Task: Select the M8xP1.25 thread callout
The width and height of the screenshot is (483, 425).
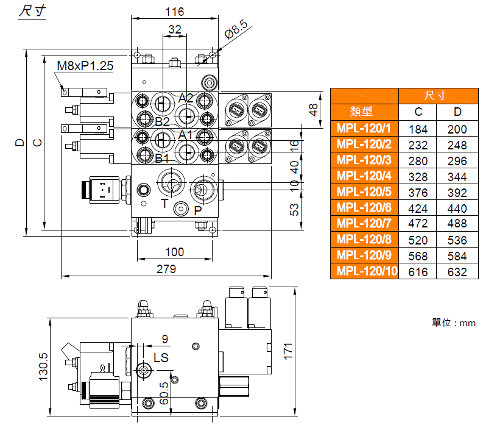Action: pyautogui.click(x=85, y=66)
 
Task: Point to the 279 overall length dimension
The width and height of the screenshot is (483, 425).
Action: pyautogui.click(x=166, y=269)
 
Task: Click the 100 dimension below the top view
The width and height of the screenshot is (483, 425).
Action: pyautogui.click(x=174, y=252)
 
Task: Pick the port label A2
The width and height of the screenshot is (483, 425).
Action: pyautogui.click(x=186, y=98)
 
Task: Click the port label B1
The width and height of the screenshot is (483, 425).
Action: pyautogui.click(x=161, y=159)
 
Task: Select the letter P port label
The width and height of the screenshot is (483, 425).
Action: pyautogui.click(x=197, y=211)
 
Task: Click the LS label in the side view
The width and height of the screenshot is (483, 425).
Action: pyautogui.click(x=161, y=357)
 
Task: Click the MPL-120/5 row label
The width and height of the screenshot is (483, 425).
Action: pyautogui.click(x=364, y=192)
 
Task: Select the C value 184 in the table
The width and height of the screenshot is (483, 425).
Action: pyautogui.click(x=418, y=129)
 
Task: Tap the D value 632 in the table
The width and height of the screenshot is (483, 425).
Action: pyautogui.click(x=457, y=272)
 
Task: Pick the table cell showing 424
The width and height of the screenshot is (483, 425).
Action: pyautogui.click(x=418, y=208)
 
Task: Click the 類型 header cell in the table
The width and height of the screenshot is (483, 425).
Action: pyautogui.click(x=364, y=112)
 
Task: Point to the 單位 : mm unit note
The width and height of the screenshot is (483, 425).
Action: pyautogui.click(x=453, y=323)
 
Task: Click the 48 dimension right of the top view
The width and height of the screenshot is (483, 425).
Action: pyautogui.click(x=314, y=110)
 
